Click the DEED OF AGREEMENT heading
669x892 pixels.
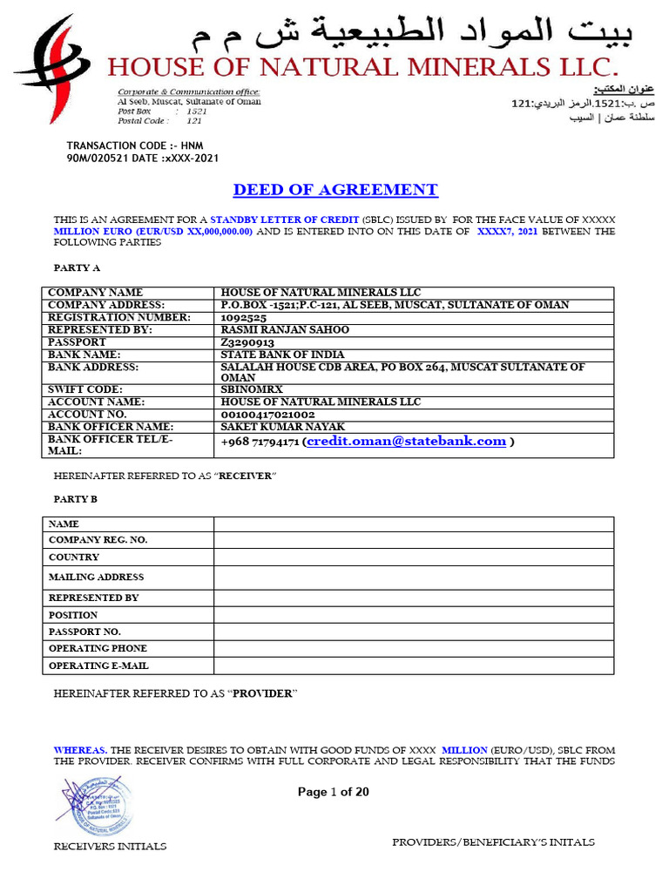335,190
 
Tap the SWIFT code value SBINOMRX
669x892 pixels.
252,389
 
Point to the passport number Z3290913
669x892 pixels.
247,342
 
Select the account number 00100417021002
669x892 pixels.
268,415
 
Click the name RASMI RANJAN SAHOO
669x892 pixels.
285,330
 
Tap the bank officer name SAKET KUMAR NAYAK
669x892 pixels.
283,427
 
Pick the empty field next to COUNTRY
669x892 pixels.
414,557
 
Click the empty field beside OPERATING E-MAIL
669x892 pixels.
414,666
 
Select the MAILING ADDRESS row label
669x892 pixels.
96,577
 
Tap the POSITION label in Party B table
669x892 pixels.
73,615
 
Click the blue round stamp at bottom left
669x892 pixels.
94,806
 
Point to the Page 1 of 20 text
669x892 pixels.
334,792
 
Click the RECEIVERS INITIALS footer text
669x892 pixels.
111,846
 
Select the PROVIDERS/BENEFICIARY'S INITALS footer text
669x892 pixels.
493,842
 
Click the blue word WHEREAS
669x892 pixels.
80,749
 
